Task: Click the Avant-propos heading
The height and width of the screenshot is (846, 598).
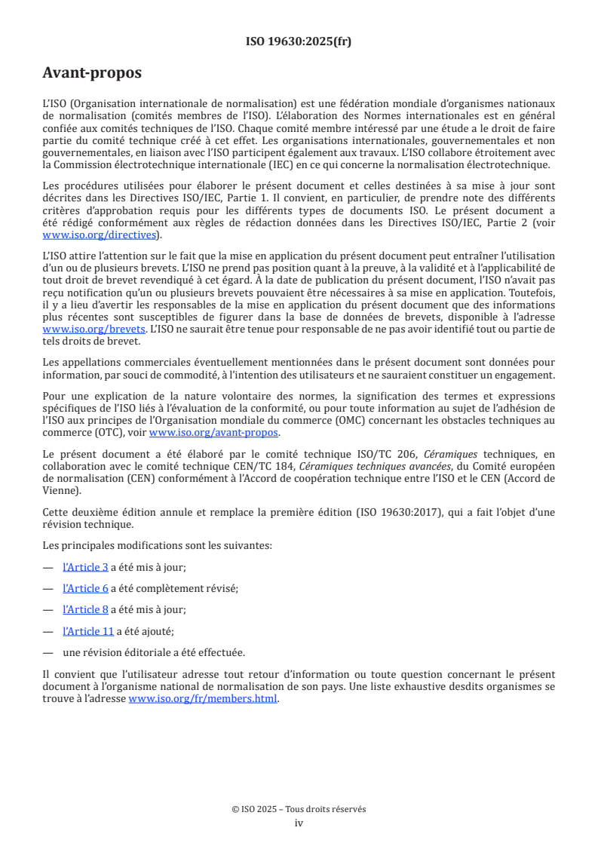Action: (x=92, y=73)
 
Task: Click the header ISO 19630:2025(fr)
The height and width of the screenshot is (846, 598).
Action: (x=299, y=41)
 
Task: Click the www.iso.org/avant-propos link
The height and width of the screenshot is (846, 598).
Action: (x=214, y=432)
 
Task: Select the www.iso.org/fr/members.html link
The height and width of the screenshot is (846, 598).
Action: (x=204, y=698)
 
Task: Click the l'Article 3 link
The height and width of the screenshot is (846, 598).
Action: (x=85, y=566)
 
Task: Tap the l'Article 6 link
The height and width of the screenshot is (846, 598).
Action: (x=85, y=588)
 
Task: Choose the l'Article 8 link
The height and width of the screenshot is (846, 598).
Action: (x=85, y=609)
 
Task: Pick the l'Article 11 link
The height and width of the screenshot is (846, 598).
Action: (x=88, y=631)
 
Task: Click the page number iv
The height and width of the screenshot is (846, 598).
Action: (x=299, y=823)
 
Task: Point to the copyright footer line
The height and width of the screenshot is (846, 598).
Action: (x=299, y=809)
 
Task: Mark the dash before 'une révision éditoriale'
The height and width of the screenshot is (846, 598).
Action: (x=48, y=653)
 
